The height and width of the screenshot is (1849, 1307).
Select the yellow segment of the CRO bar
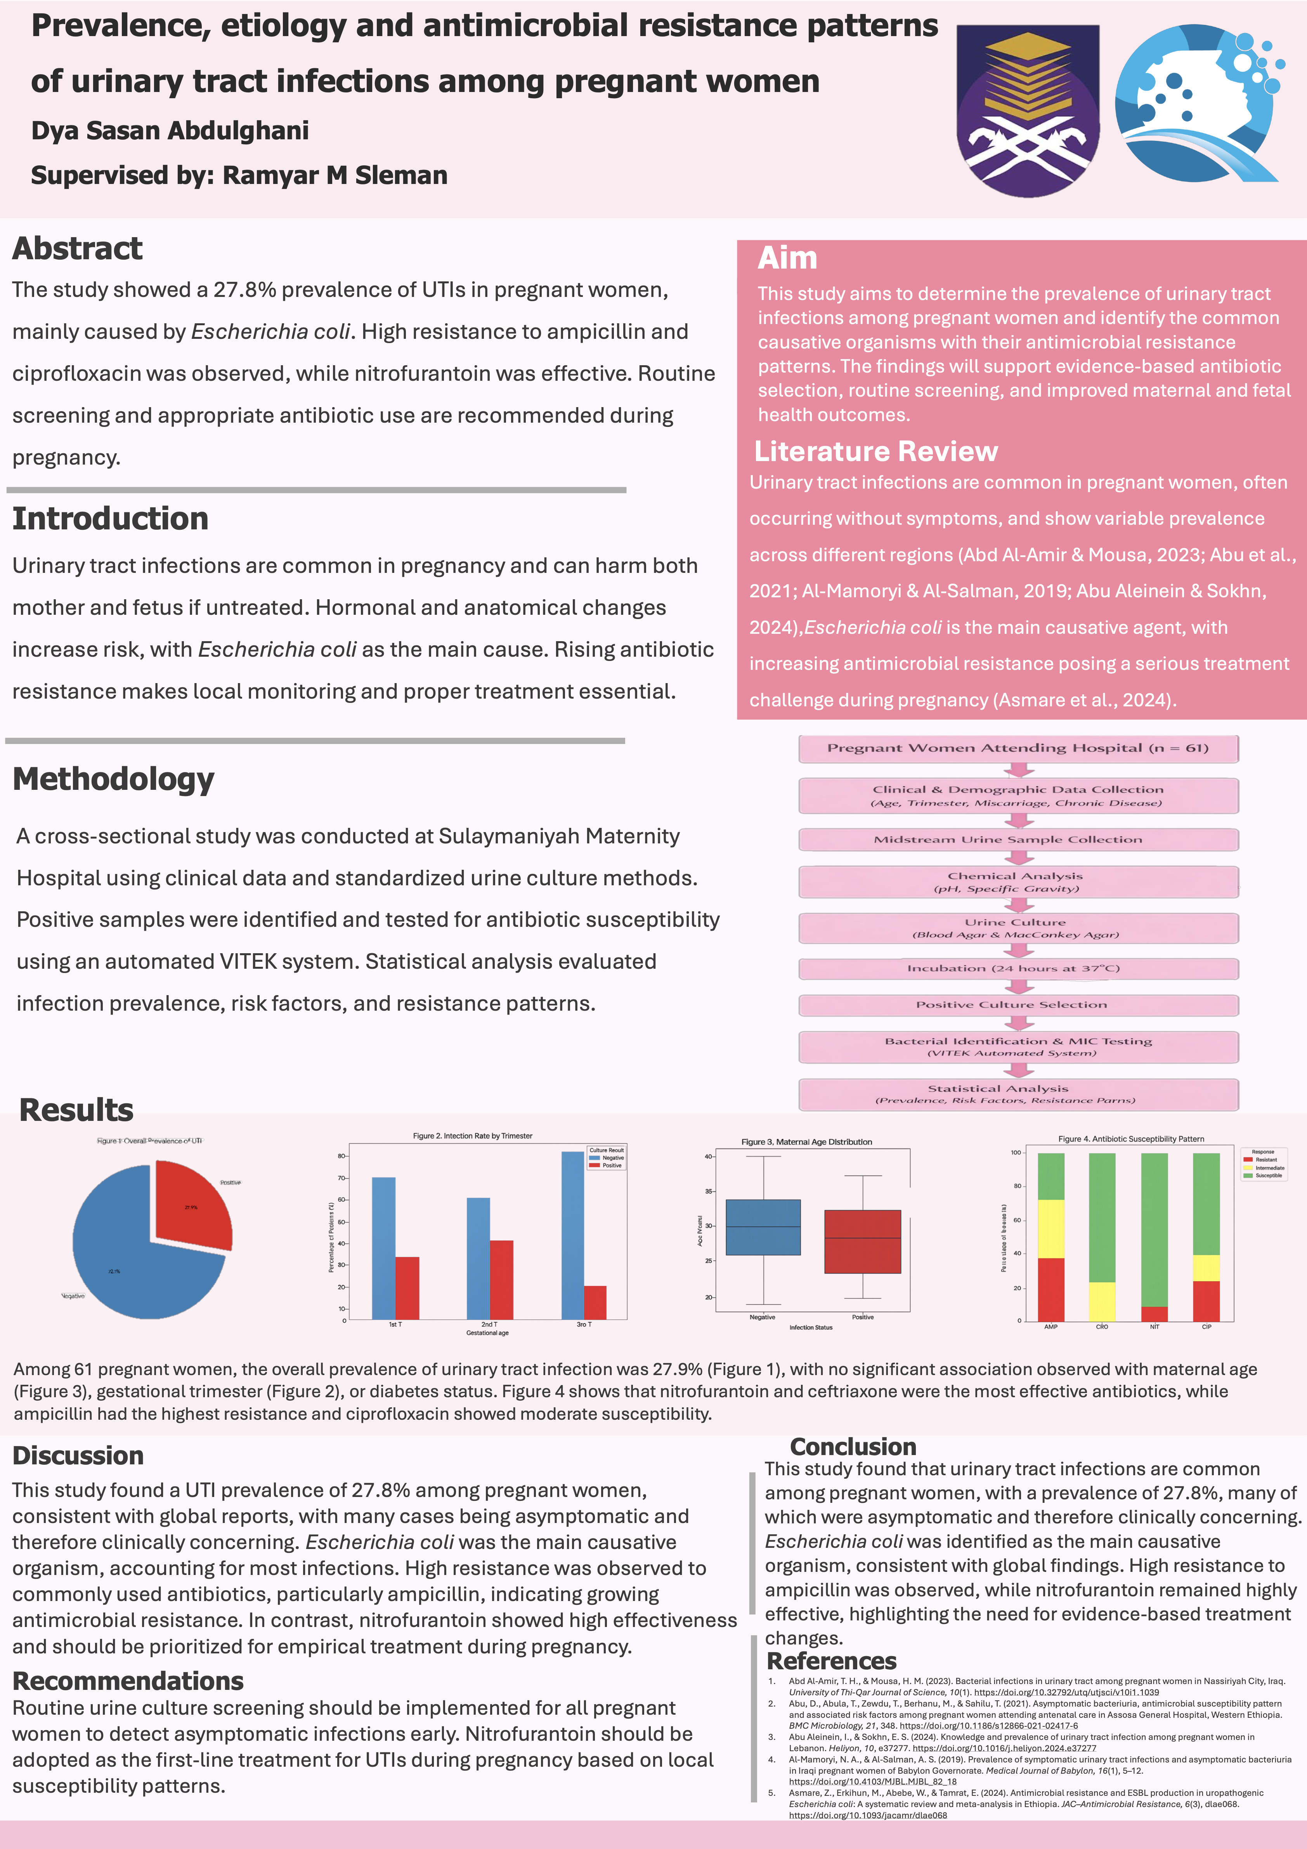(1102, 1301)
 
